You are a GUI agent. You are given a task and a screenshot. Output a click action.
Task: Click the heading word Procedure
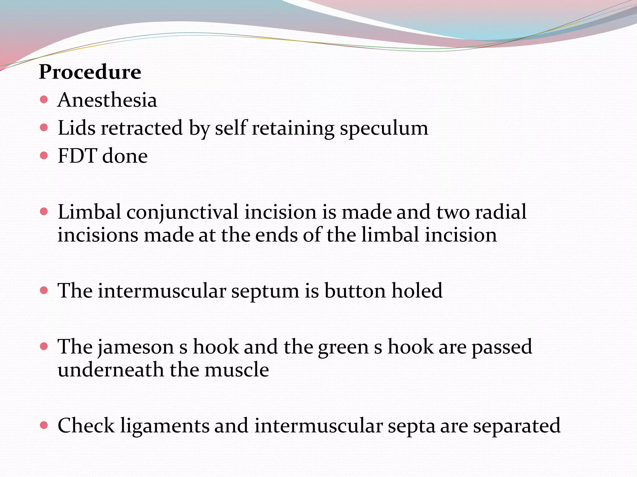(90, 72)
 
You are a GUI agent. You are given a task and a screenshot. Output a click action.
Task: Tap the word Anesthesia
(107, 100)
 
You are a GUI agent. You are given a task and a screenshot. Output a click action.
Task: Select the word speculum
(384, 128)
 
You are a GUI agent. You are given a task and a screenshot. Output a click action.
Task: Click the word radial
(500, 212)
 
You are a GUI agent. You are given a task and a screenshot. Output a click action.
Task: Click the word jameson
(136, 347)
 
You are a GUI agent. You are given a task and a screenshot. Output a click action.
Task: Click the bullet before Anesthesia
(44, 100)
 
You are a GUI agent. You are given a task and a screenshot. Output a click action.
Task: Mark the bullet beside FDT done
(44, 155)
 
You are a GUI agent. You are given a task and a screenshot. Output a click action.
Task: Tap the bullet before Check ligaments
(44, 425)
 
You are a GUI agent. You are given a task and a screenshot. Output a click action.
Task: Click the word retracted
(142, 128)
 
